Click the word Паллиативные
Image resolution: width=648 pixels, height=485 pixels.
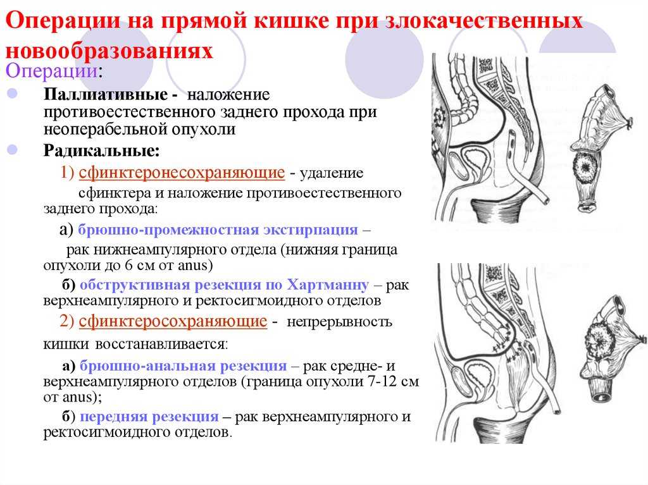106,95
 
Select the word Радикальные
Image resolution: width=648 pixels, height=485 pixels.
101,150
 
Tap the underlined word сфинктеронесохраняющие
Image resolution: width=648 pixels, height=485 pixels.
182,173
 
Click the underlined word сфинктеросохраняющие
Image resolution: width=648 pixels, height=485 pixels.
173,321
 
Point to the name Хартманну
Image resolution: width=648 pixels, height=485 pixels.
328,285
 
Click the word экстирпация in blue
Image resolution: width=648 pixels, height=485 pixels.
311,230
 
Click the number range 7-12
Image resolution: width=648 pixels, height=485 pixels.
383,381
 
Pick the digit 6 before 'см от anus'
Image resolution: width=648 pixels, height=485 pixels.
129,265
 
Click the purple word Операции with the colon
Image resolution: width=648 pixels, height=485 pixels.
54,71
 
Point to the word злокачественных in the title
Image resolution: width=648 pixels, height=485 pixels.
484,20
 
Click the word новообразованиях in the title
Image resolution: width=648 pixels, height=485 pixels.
109,51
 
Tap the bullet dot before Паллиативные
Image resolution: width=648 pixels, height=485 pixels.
13,94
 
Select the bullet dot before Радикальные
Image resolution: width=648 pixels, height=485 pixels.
13,150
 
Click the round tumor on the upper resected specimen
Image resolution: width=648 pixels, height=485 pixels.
585,168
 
